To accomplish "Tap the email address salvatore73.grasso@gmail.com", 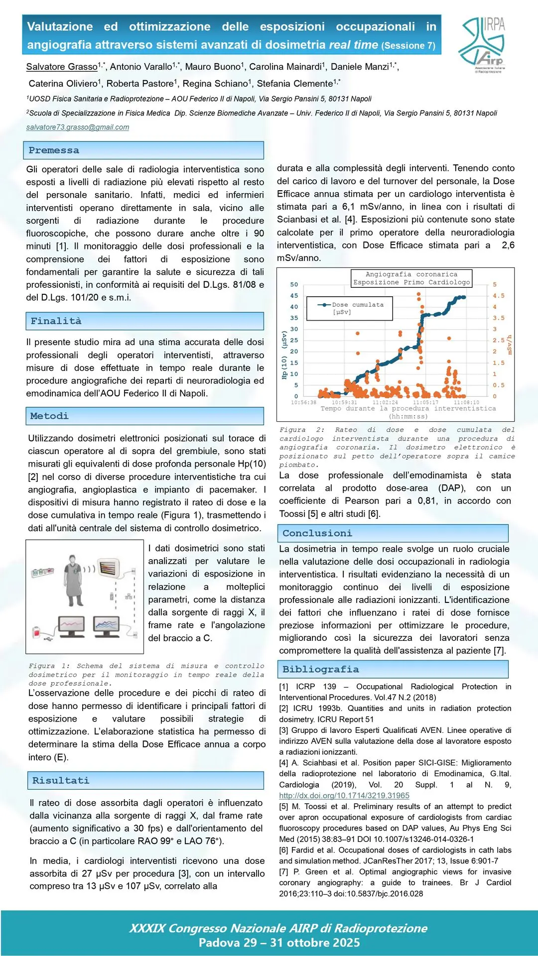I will (x=78, y=127).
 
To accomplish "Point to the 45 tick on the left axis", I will (x=294, y=296).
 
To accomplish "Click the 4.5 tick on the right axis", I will (x=498, y=296).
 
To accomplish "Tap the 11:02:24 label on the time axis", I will (x=385, y=402).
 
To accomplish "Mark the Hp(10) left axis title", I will (x=284, y=355).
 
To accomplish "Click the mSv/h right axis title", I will (x=509, y=345).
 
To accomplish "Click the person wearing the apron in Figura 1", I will (x=74, y=580).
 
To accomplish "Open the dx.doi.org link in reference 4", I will (x=344, y=796).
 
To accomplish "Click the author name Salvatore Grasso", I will (x=62, y=67).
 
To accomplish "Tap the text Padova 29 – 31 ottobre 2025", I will (x=279, y=943).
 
